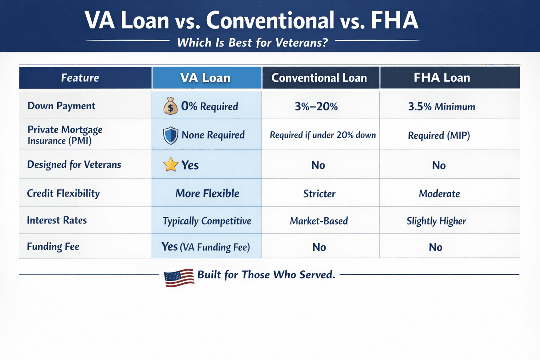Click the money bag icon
171,106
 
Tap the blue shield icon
171,135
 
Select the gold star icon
171,165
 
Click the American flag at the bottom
179,277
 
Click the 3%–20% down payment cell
316,106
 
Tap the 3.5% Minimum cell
442,107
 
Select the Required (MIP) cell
439,135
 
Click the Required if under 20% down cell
323,135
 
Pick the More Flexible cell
207,193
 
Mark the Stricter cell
320,194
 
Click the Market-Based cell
319,221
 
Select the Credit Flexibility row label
63,193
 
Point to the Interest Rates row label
57,220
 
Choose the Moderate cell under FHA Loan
439,194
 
